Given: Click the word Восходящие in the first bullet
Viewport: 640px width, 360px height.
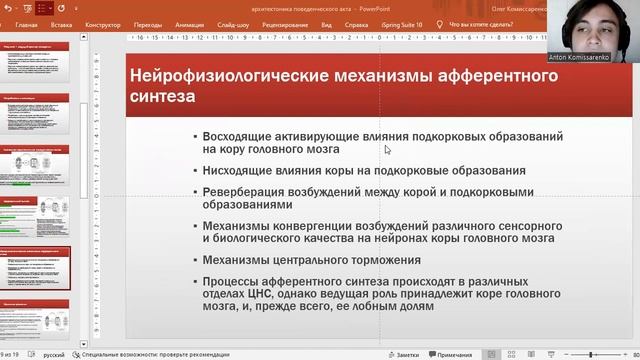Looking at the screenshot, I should (238, 136).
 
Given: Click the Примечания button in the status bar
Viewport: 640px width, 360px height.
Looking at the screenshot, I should (454, 355).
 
